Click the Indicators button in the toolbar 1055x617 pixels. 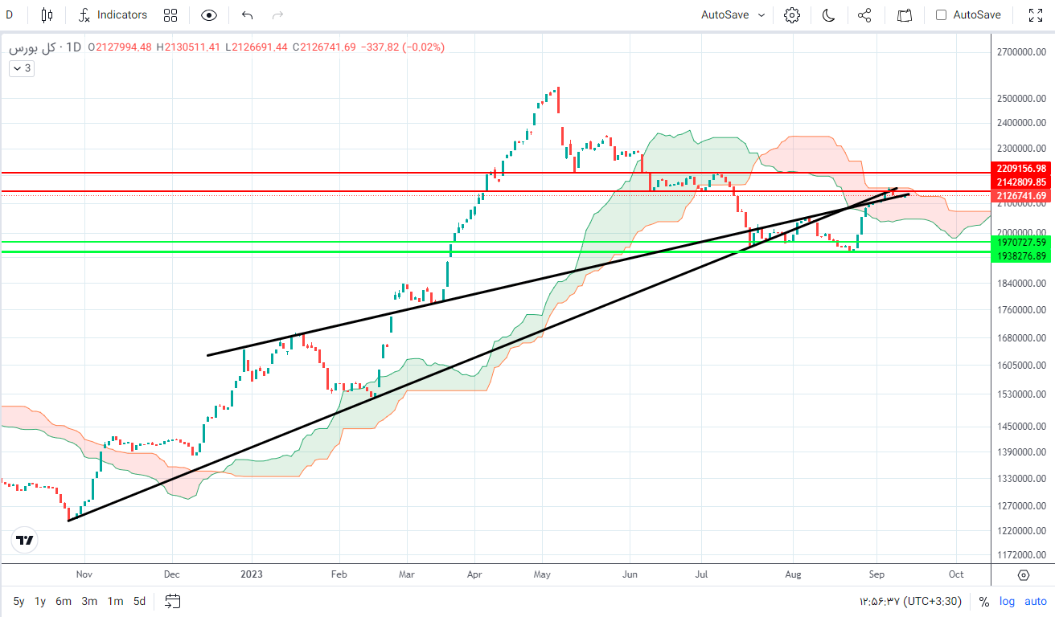coord(113,14)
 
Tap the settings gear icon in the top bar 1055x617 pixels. coord(792,14)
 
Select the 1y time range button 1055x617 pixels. coord(39,601)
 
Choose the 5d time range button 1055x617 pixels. coord(139,601)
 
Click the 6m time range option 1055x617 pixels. coord(64,601)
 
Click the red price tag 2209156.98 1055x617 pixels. coord(1021,169)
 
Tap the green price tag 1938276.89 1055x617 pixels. coord(1021,255)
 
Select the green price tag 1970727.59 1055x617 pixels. coord(1021,242)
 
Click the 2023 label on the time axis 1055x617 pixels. coord(252,574)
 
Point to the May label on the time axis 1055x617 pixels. coord(542,574)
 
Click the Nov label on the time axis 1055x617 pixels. coord(84,574)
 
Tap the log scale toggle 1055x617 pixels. coord(1008,601)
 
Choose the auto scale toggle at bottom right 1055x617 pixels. coord(1036,601)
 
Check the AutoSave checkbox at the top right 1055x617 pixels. coord(942,14)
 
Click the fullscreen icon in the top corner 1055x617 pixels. coord(1036,14)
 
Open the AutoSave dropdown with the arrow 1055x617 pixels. coord(761,14)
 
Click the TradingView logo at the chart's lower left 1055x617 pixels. coord(25,541)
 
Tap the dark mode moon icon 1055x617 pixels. coord(829,14)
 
